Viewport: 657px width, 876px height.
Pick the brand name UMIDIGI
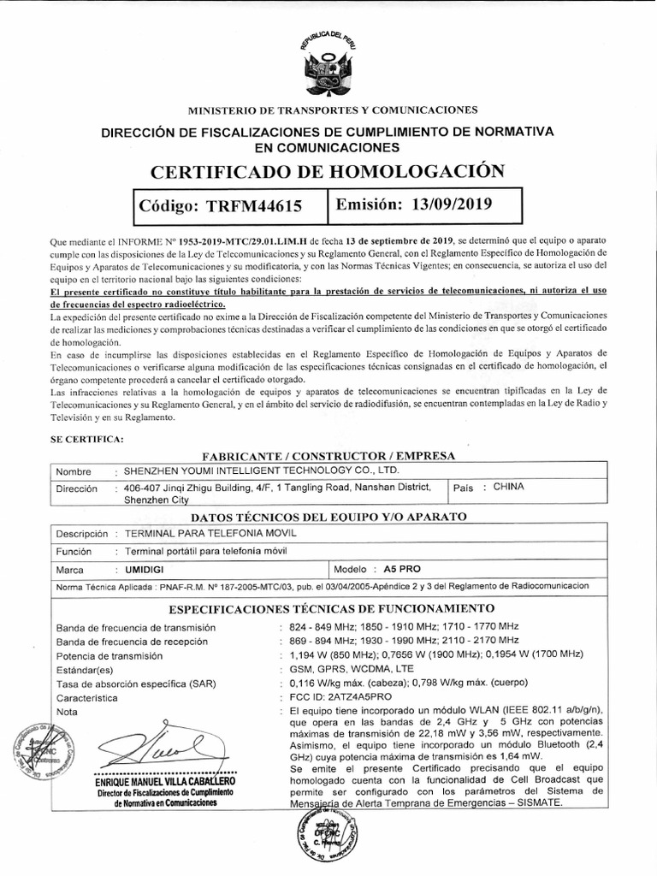point(145,568)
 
